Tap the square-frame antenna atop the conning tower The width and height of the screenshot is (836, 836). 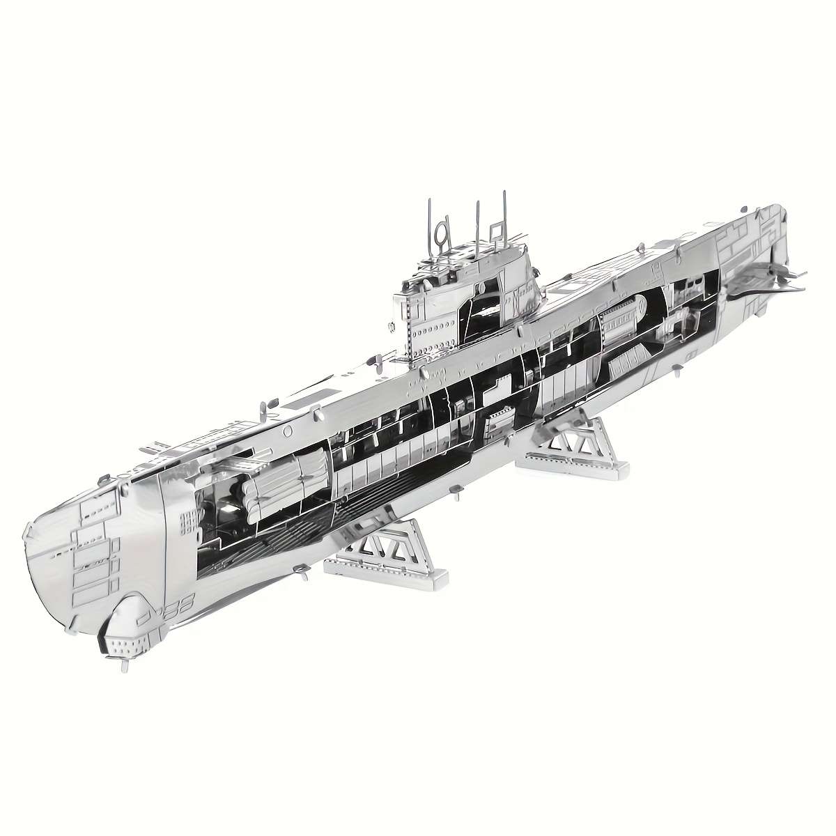point(495,230)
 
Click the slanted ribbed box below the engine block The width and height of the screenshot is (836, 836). point(630,362)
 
